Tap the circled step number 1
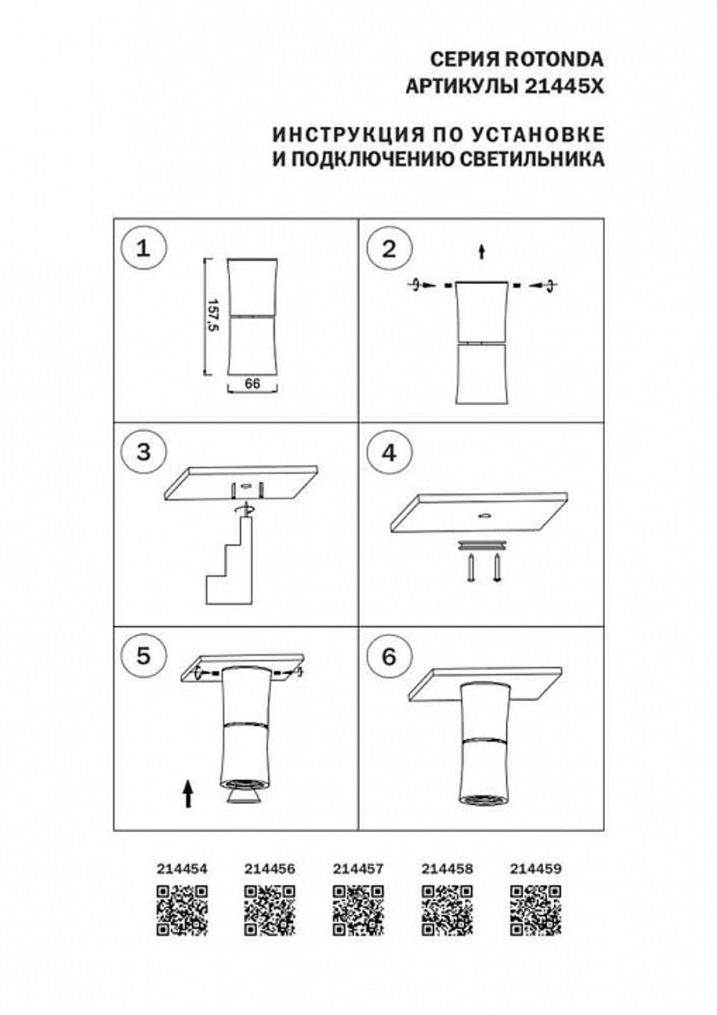pos(144,249)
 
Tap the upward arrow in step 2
pos(482,251)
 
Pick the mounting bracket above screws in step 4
pos(482,545)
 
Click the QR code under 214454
pos(182,910)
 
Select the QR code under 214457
pos(358,910)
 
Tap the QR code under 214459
pos(535,910)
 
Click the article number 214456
pos(270,868)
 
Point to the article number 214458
pos(447,868)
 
